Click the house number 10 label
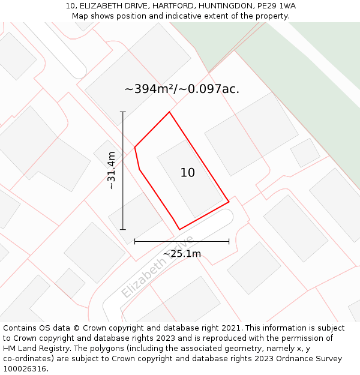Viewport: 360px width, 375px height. pyautogui.click(x=187, y=173)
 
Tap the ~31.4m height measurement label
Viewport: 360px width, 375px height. pyautogui.click(x=111, y=170)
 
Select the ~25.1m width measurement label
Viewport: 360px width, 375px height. pyautogui.click(x=182, y=253)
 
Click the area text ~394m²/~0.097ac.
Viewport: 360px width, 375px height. pyautogui.click(x=182, y=89)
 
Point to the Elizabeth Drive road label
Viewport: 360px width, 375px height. pyautogui.click(x=157, y=267)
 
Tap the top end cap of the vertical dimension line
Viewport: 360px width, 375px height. pyautogui.click(x=123, y=112)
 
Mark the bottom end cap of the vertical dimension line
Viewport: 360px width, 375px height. pyautogui.click(x=123, y=229)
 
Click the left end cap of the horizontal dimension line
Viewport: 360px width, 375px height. pyautogui.click(x=135, y=241)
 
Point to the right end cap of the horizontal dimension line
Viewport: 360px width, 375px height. pyautogui.click(x=229, y=241)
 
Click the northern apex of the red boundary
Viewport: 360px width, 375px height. pyautogui.click(x=169, y=112)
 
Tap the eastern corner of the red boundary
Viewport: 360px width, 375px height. pyautogui.click(x=229, y=202)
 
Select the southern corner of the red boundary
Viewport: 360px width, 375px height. pyautogui.click(x=179, y=229)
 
